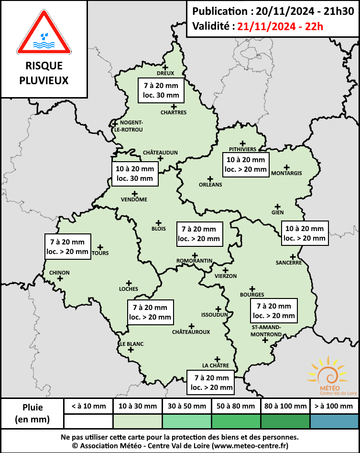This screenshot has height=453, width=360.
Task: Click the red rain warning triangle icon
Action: pos(44,34)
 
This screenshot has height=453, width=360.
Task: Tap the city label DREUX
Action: pos(165,73)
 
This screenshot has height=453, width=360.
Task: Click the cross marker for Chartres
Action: pos(174,107)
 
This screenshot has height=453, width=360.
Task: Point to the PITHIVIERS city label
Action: pos(242,149)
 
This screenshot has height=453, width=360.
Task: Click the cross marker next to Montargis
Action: pos(286,167)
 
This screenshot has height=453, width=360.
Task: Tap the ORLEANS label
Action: pos(210,185)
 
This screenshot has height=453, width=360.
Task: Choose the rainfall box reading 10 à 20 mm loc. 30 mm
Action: pos(135,174)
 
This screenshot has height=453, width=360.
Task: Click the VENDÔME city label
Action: pos(134,199)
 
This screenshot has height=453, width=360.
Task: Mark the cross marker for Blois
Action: pos(158,222)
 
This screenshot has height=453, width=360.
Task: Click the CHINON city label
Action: pos(59,273)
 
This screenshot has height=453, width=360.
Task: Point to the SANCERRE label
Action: pos(288,263)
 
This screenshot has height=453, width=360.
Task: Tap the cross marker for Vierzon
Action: pos(226,270)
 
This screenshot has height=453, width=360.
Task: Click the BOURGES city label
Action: pos(252,295)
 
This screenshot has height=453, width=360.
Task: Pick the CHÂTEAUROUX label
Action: pos(191,331)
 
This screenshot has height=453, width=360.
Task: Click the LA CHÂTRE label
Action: pos(216,365)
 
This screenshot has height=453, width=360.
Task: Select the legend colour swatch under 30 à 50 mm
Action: pos(187,421)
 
